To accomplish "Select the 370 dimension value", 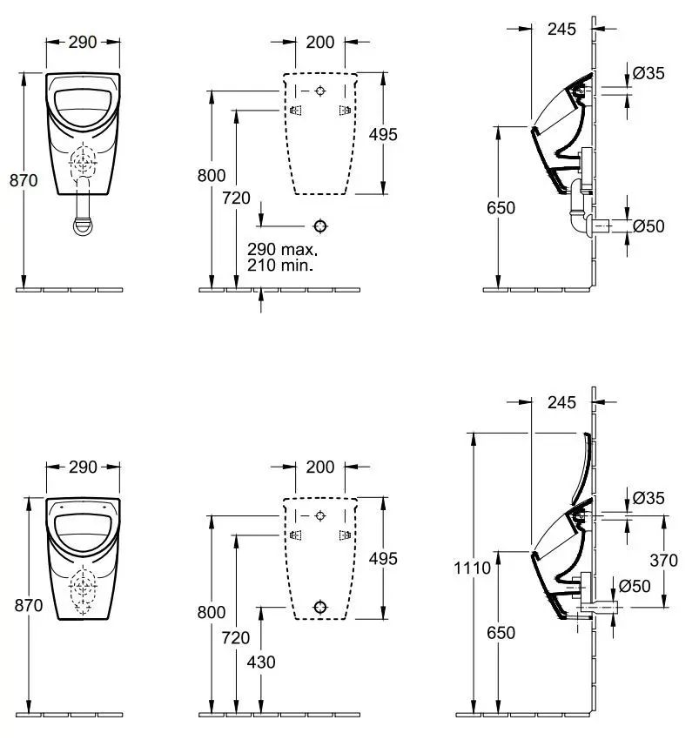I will point(663,561).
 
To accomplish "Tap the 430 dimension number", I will point(261,662).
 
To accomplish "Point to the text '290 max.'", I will point(282,248).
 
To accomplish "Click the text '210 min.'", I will point(280,265).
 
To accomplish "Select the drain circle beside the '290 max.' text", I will point(321,226).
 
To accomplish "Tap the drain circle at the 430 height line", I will point(321,607).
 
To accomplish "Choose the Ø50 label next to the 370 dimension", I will point(649,586).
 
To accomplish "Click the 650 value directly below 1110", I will point(501,632).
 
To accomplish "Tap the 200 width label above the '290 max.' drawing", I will point(320,42).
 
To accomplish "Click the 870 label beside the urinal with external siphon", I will point(23,180).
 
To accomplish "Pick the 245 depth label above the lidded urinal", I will point(563,402).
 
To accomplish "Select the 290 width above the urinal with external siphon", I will point(83,42).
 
